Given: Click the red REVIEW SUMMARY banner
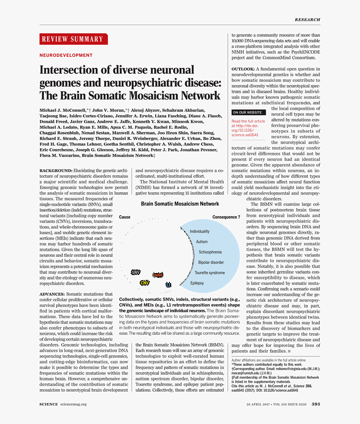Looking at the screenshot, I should point(74,39).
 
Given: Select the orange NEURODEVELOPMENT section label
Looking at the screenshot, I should point(66,55).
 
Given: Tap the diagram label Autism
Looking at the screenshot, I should point(202,242).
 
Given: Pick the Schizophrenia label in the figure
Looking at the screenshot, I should point(210,252).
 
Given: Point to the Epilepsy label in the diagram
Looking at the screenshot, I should point(197,283).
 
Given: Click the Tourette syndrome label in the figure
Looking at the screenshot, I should point(210,273).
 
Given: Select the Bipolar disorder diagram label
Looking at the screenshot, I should point(211,263).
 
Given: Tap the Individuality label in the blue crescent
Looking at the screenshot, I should point(200,231).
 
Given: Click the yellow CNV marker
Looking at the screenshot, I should point(144,283).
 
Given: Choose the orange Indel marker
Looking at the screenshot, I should point(158,275).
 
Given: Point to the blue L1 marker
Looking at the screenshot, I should point(168,285).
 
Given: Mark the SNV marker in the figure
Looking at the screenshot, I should point(136,272).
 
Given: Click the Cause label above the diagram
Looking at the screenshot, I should point(125,217).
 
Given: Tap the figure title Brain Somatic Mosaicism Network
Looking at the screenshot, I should point(180,204).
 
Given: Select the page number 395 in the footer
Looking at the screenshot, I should point(316,404).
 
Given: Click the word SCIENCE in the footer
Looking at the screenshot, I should point(49,404).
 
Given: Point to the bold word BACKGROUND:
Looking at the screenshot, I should point(56,171).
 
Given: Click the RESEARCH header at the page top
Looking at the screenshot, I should point(307,20).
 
